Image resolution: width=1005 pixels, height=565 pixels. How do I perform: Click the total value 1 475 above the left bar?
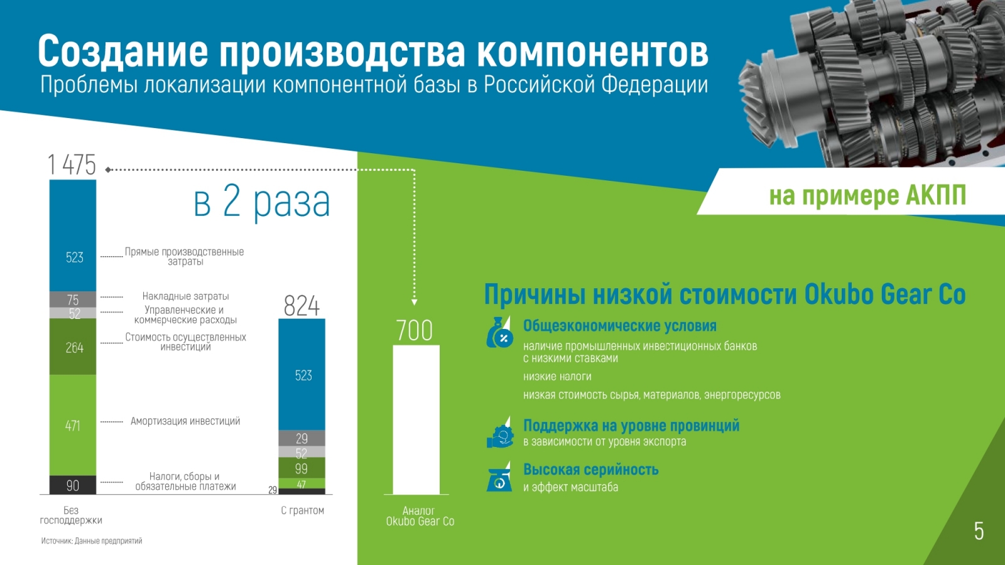pos(72,164)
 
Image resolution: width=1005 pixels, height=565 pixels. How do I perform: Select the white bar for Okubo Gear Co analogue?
pos(416,420)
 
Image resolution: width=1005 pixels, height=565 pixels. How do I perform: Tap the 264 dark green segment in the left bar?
pos(73,347)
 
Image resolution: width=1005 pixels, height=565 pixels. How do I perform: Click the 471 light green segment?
pos(73,425)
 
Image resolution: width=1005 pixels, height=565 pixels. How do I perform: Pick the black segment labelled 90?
pos(73,485)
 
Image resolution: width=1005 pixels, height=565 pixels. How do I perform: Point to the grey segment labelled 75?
pos(73,299)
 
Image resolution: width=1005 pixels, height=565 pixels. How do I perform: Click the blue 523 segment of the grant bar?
pos(302,374)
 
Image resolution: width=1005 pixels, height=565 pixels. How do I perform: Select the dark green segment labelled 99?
pos(302,468)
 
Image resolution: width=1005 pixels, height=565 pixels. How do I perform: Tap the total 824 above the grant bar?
pos(301,306)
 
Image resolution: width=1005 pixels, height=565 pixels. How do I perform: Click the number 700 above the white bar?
pos(415,330)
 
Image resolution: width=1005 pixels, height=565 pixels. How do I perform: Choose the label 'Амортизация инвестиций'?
pos(185,421)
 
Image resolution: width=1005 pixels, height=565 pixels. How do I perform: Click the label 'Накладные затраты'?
pos(186,296)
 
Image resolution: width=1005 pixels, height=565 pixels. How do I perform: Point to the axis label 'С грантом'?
pos(302,510)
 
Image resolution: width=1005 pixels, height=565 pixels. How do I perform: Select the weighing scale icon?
pos(499,477)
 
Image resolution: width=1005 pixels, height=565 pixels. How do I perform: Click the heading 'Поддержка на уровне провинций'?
pos(631,425)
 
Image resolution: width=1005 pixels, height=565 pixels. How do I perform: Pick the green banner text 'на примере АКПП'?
pos(867,195)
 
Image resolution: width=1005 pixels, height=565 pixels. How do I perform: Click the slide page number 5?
pos(979,531)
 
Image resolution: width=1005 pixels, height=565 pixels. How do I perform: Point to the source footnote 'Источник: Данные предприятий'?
pos(92,541)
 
